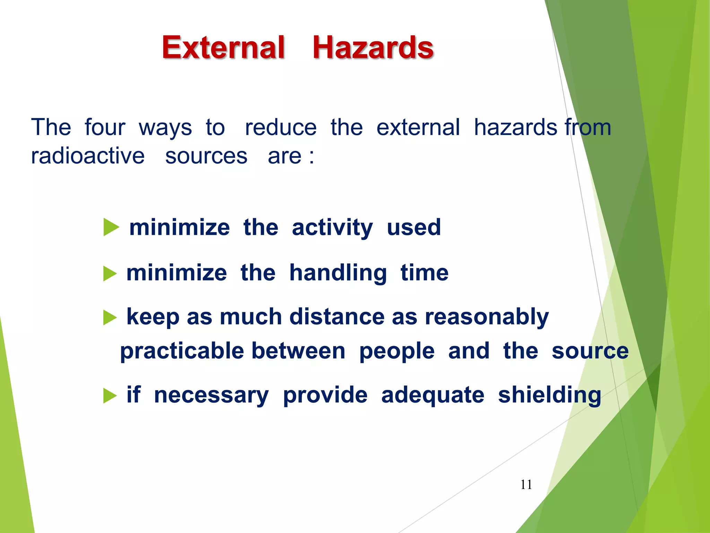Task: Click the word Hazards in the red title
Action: [373, 48]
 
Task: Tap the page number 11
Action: [526, 484]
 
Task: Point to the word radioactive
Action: [88, 156]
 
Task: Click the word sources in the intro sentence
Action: [206, 156]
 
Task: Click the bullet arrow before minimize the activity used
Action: [111, 228]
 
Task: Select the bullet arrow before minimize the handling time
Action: [110, 273]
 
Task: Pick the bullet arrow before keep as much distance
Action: [110, 318]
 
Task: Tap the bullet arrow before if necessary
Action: [110, 396]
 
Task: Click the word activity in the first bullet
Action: [332, 228]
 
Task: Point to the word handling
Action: [338, 273]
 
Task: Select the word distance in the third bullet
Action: [337, 316]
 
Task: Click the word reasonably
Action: [487, 317]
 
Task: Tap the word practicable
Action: [182, 351]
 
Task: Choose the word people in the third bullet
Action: [397, 351]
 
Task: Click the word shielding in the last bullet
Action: [549, 395]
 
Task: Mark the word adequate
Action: [432, 395]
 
